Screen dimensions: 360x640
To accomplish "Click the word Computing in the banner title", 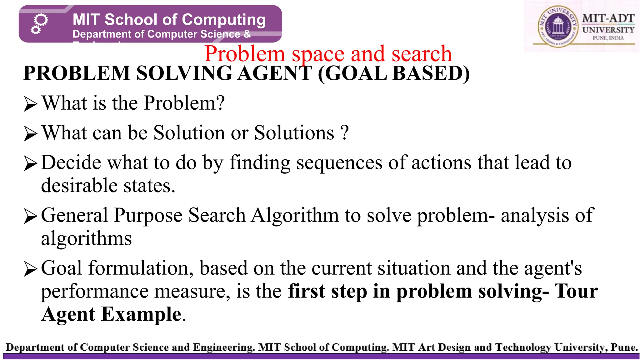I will (224, 20).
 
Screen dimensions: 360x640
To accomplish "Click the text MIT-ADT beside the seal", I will (608, 18).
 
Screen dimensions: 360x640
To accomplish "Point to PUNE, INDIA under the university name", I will (608, 38).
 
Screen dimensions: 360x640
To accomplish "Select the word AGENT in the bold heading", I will (275, 73).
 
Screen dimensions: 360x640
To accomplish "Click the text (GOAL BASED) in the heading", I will (394, 73).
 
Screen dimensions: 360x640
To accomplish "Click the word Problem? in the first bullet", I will (184, 103).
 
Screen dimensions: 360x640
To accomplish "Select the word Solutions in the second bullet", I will (294, 133).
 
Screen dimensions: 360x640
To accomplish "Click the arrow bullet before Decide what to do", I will (30, 163).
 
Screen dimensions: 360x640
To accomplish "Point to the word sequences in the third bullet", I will (339, 163).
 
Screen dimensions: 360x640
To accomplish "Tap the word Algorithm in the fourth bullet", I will (295, 215).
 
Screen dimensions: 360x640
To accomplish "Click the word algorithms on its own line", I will (86, 239).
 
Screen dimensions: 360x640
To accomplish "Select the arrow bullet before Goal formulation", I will (30, 269).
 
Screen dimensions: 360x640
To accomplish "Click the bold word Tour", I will (576, 291).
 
